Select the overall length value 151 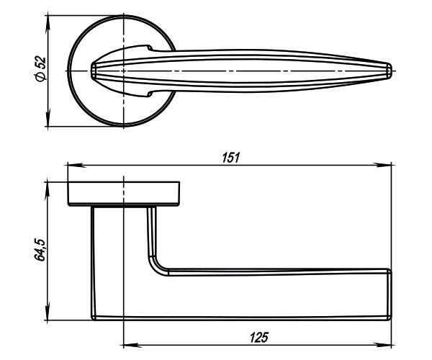[230, 158]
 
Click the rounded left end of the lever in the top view [94, 71]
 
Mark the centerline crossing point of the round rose [124, 71]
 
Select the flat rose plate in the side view [124, 194]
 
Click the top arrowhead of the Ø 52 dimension [48, 17]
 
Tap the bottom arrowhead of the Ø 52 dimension [48, 124]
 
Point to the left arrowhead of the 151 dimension [71, 165]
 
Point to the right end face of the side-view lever [390, 294]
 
